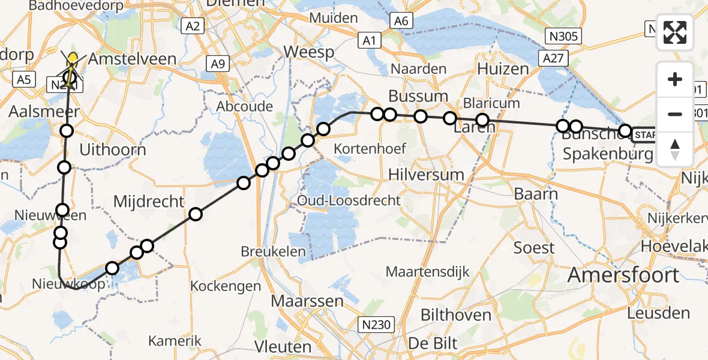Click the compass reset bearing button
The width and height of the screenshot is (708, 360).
coord(676,149)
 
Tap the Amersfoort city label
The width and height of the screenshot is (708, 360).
coord(623,275)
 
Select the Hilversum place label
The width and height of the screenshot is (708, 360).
coord(427,175)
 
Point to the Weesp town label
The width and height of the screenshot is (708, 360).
coord(308,52)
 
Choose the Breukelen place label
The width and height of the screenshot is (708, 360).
coord(273,252)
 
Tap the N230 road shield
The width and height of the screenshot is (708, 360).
coord(377,325)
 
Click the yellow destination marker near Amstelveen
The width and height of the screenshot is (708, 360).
coord(73,59)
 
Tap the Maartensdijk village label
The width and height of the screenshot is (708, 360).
coord(427,272)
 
